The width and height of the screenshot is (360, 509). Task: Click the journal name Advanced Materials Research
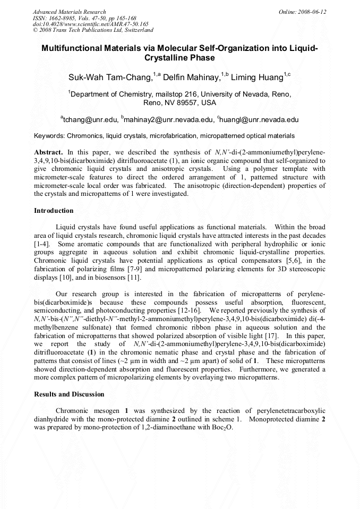(x=70, y=12)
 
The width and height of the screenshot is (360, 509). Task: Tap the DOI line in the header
(x=90, y=24)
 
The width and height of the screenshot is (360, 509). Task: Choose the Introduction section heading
(x=54, y=211)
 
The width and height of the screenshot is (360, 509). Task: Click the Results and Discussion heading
(x=69, y=394)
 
